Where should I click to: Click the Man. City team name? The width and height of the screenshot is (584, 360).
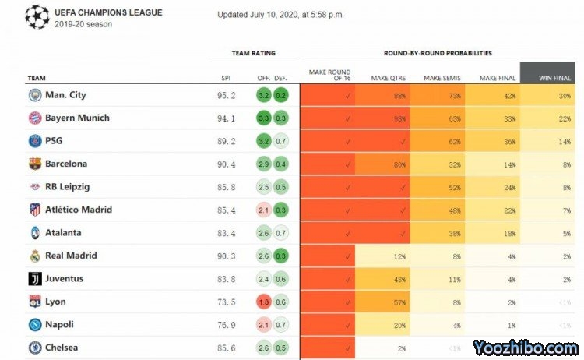click(65, 95)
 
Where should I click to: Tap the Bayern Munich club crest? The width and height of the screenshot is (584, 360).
click(34, 118)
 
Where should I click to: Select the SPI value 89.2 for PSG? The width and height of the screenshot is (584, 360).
click(226, 142)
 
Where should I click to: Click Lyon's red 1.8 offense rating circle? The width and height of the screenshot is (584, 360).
click(264, 302)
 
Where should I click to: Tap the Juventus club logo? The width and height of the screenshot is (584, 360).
click(34, 279)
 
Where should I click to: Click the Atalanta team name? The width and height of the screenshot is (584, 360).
click(63, 233)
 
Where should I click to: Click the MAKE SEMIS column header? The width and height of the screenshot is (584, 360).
click(442, 78)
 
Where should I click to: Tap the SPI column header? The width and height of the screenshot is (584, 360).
click(226, 78)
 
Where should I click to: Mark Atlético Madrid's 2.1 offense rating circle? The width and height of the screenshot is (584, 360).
click(264, 210)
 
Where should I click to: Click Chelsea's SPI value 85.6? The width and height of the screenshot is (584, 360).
click(226, 348)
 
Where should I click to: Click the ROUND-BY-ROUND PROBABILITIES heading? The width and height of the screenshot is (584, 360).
click(437, 53)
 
